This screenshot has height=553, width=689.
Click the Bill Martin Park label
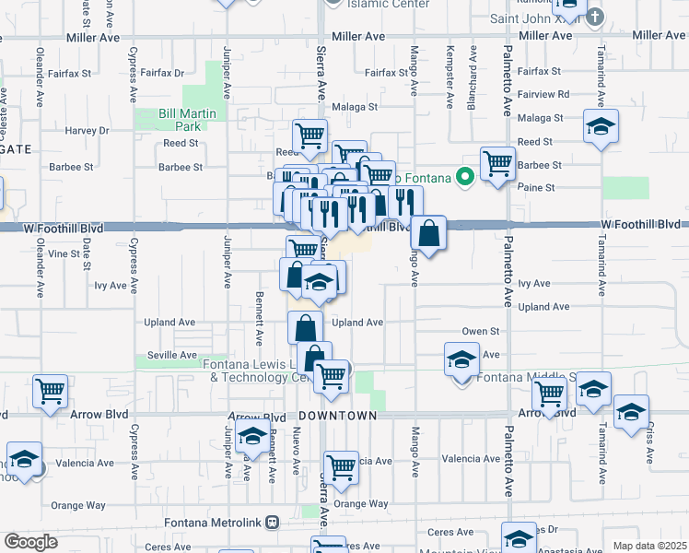pos(167,120)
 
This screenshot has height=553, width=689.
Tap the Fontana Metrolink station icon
pos(271,522)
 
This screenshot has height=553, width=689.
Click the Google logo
pos(31,542)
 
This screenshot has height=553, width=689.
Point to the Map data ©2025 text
pos(649,546)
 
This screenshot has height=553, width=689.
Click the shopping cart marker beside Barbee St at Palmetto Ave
pos(497,163)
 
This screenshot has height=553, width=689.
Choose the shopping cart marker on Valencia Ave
pos(341,466)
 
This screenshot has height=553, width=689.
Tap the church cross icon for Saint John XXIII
pos(595,16)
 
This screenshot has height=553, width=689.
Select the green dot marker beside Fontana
pos(466,176)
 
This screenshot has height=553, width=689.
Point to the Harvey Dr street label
pos(87,131)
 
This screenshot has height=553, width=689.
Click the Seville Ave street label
pos(175,356)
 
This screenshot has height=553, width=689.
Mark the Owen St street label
pos(480,331)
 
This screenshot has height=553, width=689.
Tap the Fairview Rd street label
pos(543,94)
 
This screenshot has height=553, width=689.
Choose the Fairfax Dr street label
pos(163,73)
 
